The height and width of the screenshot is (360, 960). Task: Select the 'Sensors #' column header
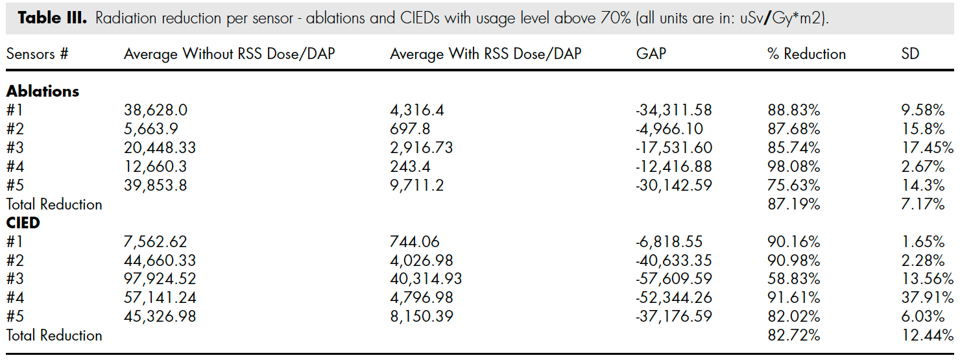point(38,54)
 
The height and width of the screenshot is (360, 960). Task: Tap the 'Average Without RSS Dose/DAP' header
point(229,54)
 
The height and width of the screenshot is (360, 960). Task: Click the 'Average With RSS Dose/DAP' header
point(485,54)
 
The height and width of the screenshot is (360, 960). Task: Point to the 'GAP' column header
point(651,54)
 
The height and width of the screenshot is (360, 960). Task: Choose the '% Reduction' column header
point(806,54)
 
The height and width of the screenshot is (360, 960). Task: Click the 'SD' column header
point(910,54)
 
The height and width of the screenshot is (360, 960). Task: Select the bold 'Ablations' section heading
point(43,91)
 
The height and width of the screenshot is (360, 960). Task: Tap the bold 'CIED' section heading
point(23,223)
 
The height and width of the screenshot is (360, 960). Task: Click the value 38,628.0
point(156,110)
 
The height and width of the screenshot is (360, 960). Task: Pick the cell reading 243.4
point(410,167)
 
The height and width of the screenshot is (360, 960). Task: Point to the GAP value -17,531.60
point(674,148)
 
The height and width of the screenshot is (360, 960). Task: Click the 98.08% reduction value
point(794,167)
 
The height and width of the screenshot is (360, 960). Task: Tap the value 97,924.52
point(160,279)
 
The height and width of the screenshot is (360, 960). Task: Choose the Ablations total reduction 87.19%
point(794,204)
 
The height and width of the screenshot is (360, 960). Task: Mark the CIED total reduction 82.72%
point(794,335)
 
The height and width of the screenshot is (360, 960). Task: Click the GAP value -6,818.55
point(669,242)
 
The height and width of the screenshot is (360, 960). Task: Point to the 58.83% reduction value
point(794,279)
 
